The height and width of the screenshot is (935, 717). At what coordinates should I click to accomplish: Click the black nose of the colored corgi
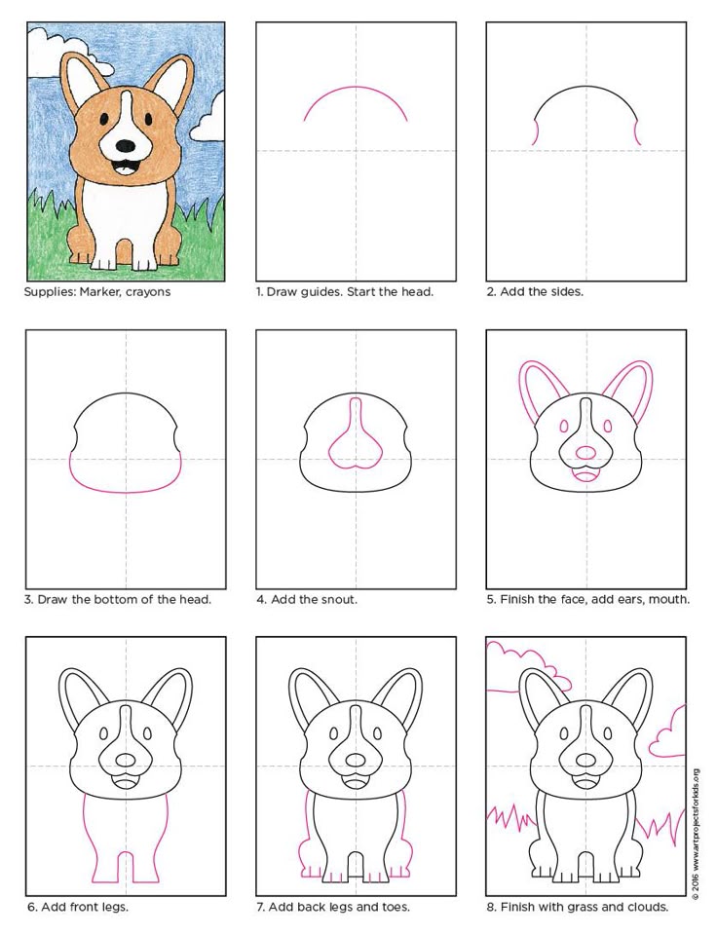pyautogui.click(x=126, y=146)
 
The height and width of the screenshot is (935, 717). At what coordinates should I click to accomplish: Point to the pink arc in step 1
pyautogui.click(x=356, y=87)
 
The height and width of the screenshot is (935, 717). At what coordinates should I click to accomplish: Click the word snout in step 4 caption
pyautogui.click(x=338, y=599)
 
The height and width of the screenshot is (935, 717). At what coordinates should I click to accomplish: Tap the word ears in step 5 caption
pyautogui.click(x=628, y=599)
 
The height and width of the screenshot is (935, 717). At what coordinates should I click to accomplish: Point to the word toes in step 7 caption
pyautogui.click(x=395, y=907)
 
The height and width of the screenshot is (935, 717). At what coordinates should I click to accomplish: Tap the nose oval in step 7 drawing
pyautogui.click(x=356, y=761)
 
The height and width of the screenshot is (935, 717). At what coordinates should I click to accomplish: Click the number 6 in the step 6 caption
pyautogui.click(x=31, y=907)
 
